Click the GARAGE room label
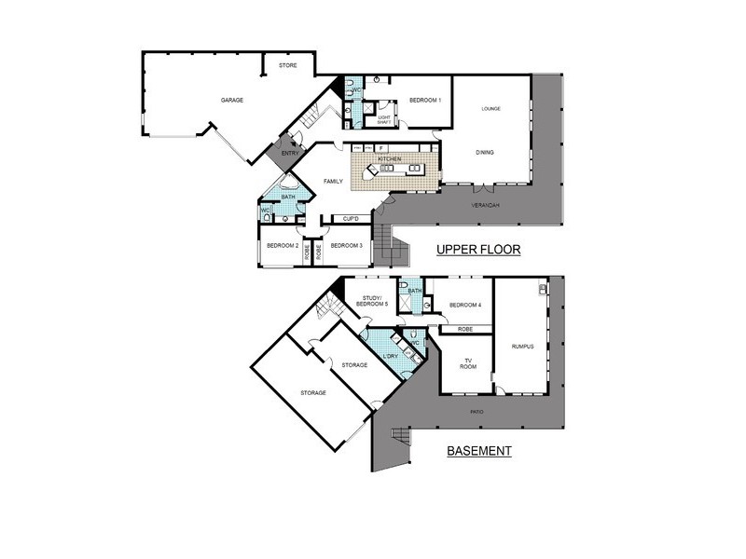[x=232, y=100]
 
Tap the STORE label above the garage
[x=288, y=65]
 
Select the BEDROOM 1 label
[x=425, y=100]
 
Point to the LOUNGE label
[x=491, y=109]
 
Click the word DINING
[x=485, y=152]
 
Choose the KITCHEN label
[x=390, y=159]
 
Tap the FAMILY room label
[x=333, y=181]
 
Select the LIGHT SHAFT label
[x=384, y=119]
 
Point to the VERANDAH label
[x=484, y=203]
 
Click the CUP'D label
[x=352, y=219]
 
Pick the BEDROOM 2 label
[x=282, y=246]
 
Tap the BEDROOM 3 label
[x=346, y=246]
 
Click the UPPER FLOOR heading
[x=478, y=250]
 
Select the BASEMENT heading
[x=479, y=451]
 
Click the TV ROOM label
[x=467, y=363]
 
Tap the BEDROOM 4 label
[x=465, y=306]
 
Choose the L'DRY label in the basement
[x=391, y=355]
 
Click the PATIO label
[x=477, y=410]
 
